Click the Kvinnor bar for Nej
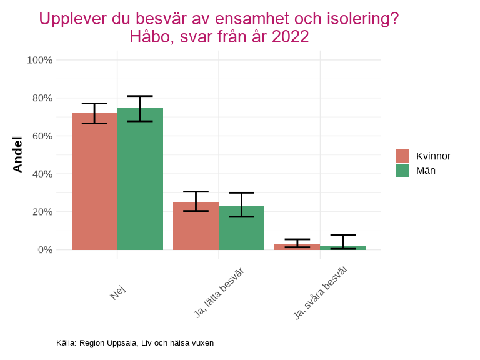coord(94,181)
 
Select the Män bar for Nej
coord(140,179)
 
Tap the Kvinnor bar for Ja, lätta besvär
coord(196,226)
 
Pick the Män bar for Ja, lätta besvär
coord(241,227)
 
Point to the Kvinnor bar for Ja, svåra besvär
coord(297,247)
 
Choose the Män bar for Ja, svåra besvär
coord(343,248)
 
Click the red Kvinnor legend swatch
coord(402,156)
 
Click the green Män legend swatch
coord(402,170)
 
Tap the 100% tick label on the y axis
coord(39,60)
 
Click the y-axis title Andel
coord(17,154)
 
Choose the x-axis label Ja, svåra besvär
coord(320,292)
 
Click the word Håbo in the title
coord(151,37)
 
